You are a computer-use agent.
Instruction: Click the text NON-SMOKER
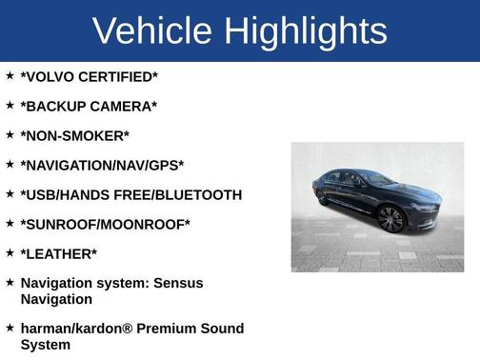(75, 135)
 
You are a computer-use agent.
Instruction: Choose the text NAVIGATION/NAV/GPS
(102, 165)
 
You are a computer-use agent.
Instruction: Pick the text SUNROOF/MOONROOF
(105, 224)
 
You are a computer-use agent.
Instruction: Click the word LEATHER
(59, 253)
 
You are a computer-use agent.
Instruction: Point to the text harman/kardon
(73, 329)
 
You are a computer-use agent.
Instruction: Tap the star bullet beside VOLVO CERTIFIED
(10, 75)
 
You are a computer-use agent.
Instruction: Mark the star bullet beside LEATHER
(10, 252)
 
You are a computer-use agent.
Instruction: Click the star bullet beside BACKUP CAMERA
(10, 105)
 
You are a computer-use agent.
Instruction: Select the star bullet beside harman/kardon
(10, 328)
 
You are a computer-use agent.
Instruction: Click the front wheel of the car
(390, 219)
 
